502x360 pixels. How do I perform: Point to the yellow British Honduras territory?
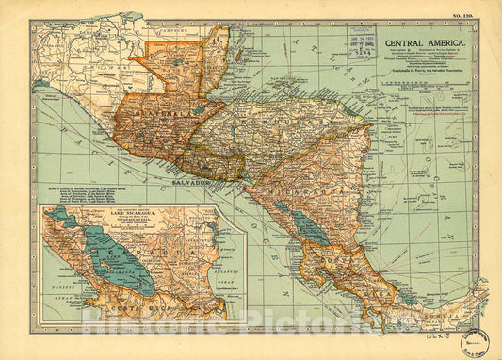216,57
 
